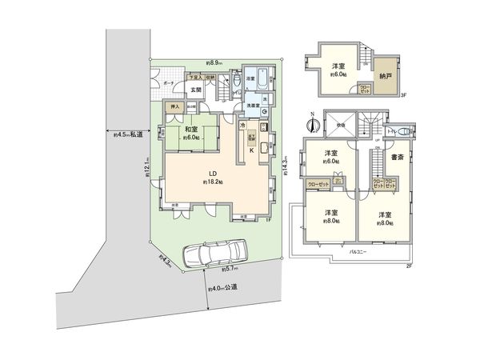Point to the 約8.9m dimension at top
(214, 62)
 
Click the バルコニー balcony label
(356, 251)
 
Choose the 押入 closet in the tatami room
(172, 106)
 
